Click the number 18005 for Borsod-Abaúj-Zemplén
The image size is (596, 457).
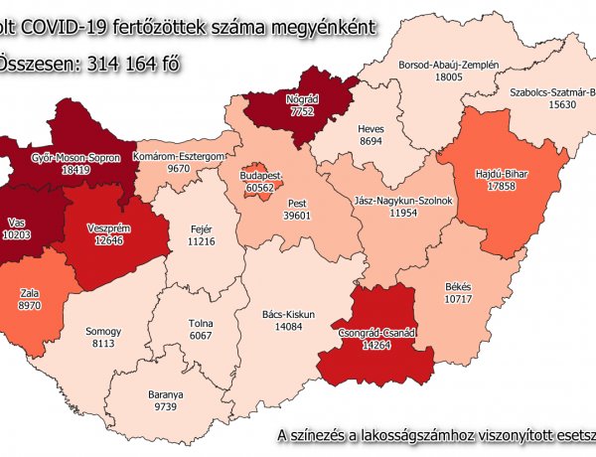(443, 76)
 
